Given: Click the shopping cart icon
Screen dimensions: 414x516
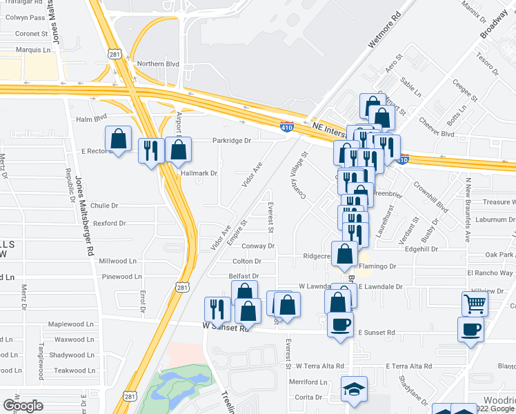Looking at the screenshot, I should coord(474,302).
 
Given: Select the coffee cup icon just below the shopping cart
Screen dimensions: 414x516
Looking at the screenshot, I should coord(470,328).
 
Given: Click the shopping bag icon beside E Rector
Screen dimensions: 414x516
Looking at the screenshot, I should coord(119,139).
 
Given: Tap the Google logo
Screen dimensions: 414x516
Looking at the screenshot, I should coord(23,405).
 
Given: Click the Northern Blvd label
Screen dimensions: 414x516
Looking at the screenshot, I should coord(159,64).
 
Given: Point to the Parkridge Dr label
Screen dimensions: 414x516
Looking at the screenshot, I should coord(232,140).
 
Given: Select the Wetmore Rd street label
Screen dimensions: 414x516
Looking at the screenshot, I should coord(384,32).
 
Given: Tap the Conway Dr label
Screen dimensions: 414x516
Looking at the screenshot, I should coord(259,246).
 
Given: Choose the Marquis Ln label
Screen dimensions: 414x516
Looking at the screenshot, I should coord(34,50).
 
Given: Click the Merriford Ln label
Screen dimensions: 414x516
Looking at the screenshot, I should coord(308,382).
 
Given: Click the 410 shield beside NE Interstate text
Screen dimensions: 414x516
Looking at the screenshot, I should coord(286,126).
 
